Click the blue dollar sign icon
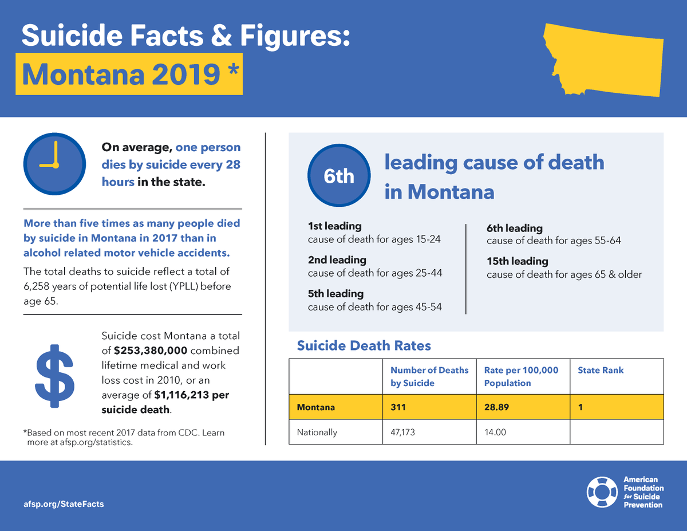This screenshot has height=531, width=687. (x=54, y=376)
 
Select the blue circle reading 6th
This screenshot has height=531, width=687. (x=339, y=176)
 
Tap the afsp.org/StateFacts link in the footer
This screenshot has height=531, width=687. (x=64, y=504)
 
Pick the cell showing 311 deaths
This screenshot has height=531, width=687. (x=398, y=408)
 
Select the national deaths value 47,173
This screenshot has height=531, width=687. (x=402, y=432)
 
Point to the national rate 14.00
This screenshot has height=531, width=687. (x=495, y=432)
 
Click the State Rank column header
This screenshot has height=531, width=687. (x=601, y=370)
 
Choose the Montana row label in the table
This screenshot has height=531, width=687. (x=315, y=408)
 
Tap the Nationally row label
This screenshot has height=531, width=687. (x=317, y=432)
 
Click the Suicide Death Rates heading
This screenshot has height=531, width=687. (x=364, y=345)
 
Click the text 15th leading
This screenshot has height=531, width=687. (x=517, y=261)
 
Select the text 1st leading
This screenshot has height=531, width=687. (x=334, y=226)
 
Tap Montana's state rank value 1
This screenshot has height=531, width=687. (x=581, y=408)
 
